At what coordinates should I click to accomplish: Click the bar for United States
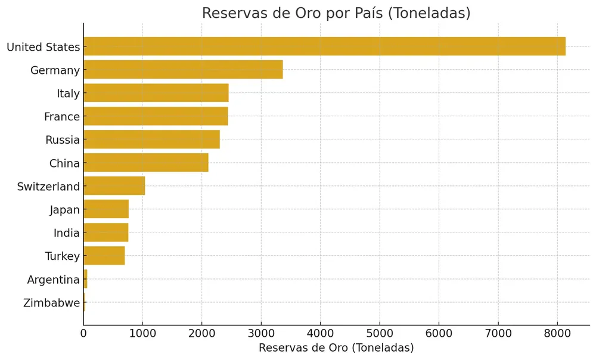click(324, 46)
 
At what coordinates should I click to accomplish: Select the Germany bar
click(183, 70)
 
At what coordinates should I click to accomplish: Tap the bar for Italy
click(156, 93)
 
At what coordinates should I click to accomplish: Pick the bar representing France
click(156, 116)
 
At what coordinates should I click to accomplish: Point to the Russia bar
click(151, 139)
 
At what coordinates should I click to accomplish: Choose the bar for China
click(146, 163)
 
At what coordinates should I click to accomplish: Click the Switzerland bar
click(114, 186)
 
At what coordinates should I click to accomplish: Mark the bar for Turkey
click(104, 256)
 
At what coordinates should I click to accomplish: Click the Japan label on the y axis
click(65, 210)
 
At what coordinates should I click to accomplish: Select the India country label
click(67, 233)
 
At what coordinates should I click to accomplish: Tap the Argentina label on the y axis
click(53, 280)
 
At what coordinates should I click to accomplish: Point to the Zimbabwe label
click(51, 303)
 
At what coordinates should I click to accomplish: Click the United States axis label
click(43, 47)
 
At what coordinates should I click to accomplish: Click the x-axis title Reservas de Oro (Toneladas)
click(336, 348)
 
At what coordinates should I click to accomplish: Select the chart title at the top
click(336, 13)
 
